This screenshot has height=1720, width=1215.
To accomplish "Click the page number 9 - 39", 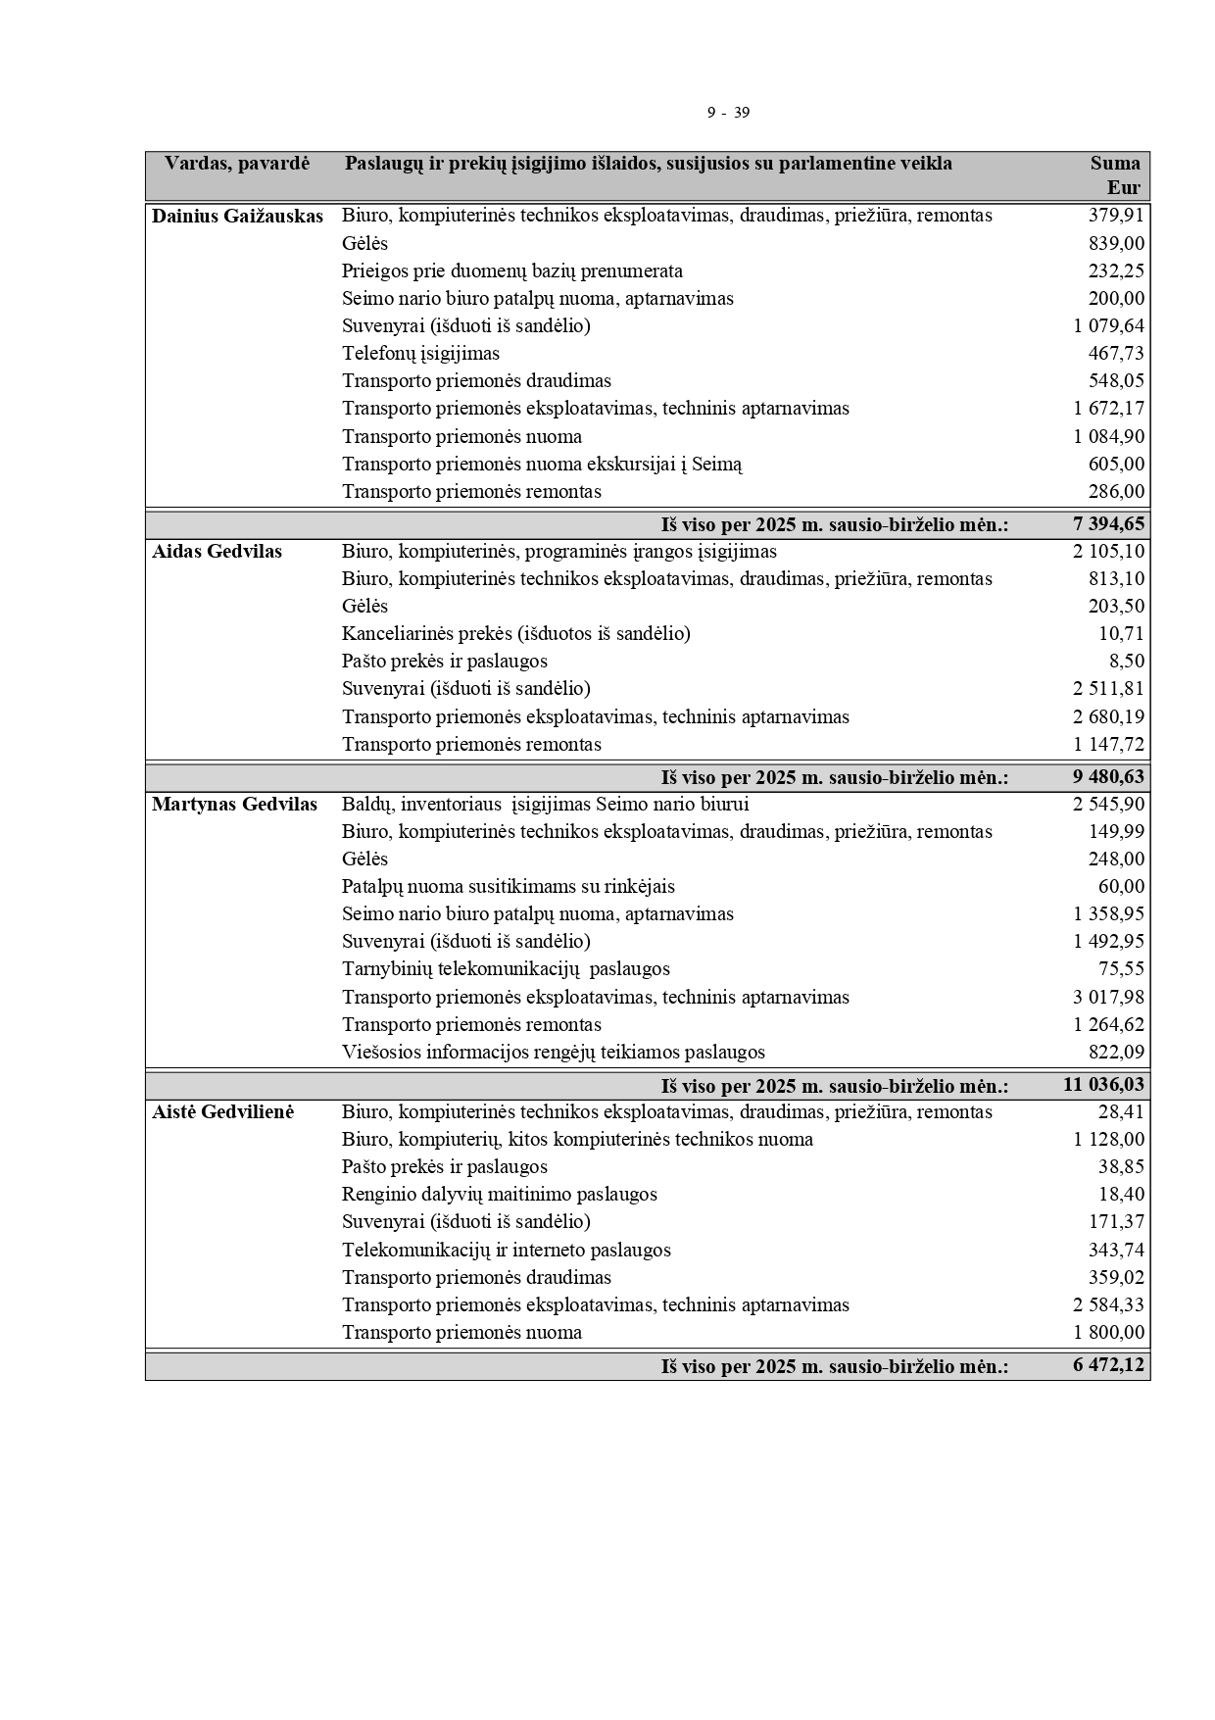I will (x=728, y=113).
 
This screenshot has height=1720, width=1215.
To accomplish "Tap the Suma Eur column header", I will (x=1115, y=175).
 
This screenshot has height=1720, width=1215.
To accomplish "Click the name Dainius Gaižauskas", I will (x=237, y=217).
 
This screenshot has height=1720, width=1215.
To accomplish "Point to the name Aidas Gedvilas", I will (x=217, y=552).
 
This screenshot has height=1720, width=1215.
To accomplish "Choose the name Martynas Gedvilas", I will (x=234, y=805).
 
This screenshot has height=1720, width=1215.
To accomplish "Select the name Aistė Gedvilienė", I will (x=222, y=1112).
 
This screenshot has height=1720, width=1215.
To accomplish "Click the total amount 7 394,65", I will (x=1108, y=524).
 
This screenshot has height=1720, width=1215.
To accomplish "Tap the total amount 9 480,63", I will (x=1108, y=777).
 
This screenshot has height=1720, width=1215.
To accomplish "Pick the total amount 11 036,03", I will (x=1103, y=1085).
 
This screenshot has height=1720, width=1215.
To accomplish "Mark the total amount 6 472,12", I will (x=1108, y=1365).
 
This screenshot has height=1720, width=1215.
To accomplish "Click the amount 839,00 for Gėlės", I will (x=1116, y=243).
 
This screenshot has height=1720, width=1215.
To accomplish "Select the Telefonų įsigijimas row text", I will (x=420, y=354).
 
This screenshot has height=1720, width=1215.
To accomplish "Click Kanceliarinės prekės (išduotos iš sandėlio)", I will (x=515, y=634).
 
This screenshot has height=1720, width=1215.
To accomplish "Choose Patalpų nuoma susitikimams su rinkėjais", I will (x=508, y=887).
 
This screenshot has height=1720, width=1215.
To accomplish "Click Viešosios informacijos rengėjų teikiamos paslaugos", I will (x=553, y=1053).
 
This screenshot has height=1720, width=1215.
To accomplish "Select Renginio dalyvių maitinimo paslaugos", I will (x=499, y=1195).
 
